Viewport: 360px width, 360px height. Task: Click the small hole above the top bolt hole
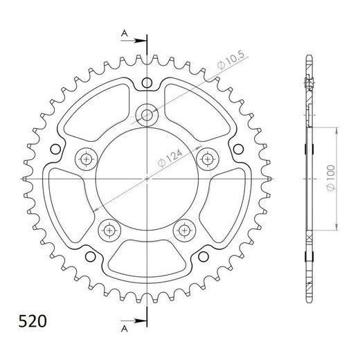147,83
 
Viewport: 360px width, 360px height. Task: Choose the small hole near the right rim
237,149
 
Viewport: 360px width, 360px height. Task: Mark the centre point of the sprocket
147,178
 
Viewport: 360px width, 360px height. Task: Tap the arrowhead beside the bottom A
141,321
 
